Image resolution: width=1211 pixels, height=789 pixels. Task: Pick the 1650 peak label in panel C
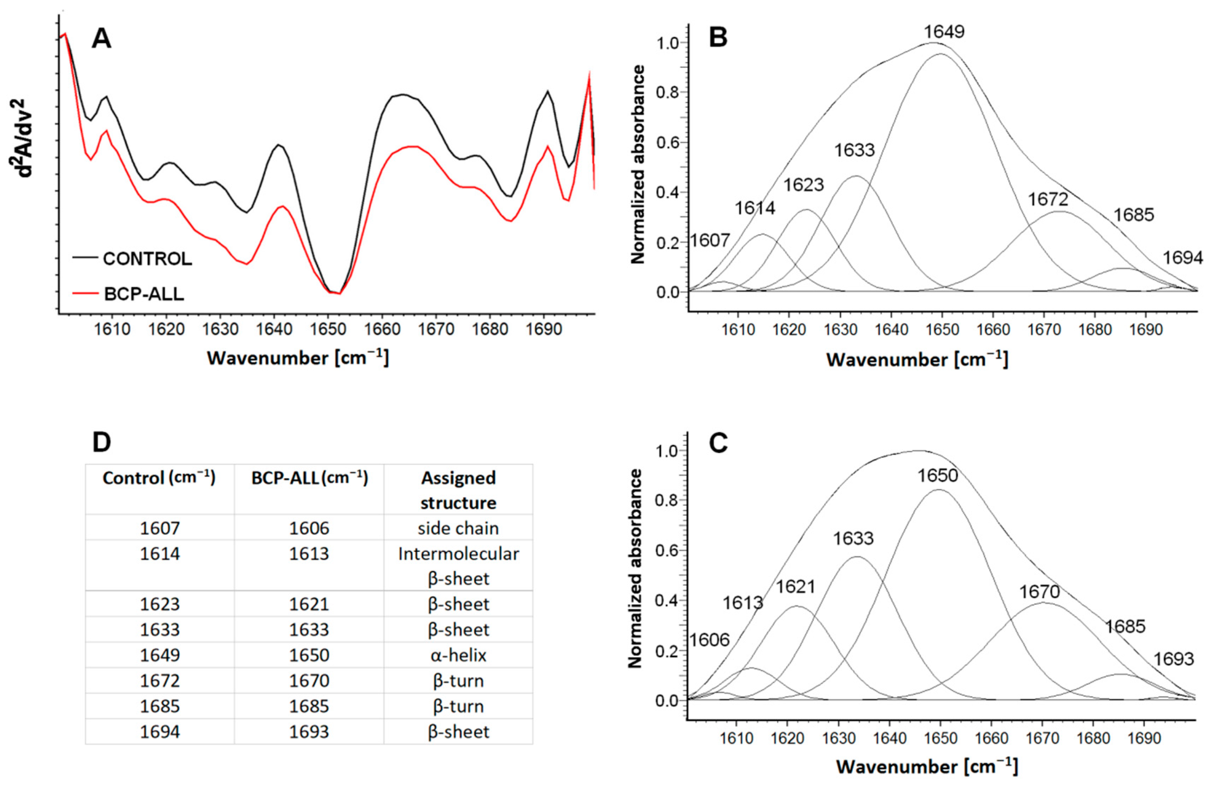tap(938, 476)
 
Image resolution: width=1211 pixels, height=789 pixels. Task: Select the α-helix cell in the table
tap(458, 655)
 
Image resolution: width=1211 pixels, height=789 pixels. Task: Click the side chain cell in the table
tap(458, 528)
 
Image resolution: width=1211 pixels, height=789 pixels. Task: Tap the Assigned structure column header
tap(458, 490)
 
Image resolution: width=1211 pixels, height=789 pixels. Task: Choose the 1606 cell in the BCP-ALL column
tap(309, 528)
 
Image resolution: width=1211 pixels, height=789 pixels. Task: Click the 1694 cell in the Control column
tap(160, 731)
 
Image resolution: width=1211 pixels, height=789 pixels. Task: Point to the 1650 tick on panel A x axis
tap(328, 329)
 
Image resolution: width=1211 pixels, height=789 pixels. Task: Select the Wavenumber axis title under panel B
tap(917, 360)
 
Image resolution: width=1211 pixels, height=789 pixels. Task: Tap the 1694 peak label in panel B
tap(1182, 258)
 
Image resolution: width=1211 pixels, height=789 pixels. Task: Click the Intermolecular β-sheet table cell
tap(458, 566)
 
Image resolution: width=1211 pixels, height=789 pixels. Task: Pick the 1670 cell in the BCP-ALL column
tap(309, 681)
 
